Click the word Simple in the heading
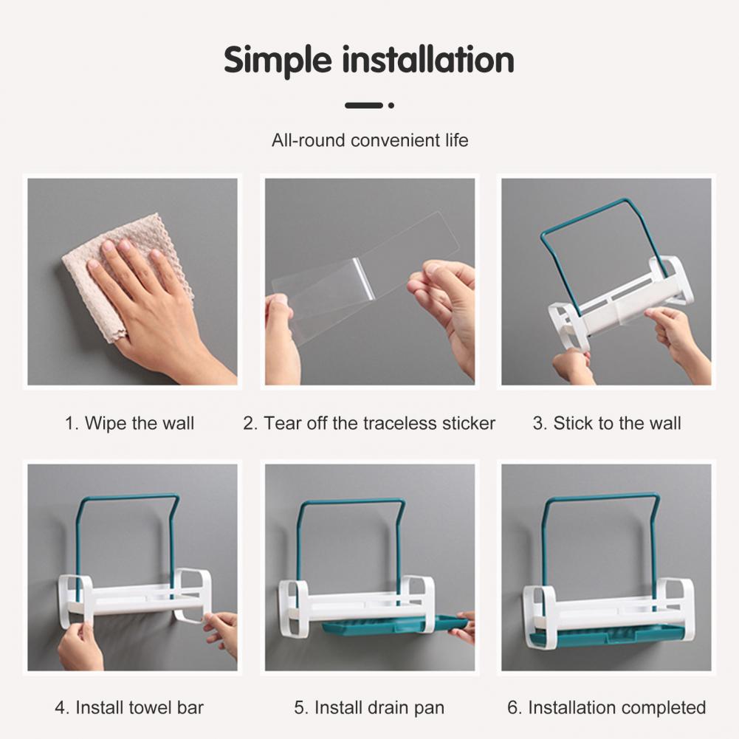point(278,61)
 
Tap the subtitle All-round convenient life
point(370,140)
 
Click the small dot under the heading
point(391,106)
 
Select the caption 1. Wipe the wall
point(130,423)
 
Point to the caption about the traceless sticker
point(369,423)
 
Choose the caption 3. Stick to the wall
point(607,423)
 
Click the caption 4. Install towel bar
point(129,707)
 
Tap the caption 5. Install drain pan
point(369,707)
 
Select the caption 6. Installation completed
point(607,707)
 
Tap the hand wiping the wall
point(156,302)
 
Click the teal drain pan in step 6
point(608,636)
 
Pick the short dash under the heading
point(363,106)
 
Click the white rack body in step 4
point(135,599)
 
